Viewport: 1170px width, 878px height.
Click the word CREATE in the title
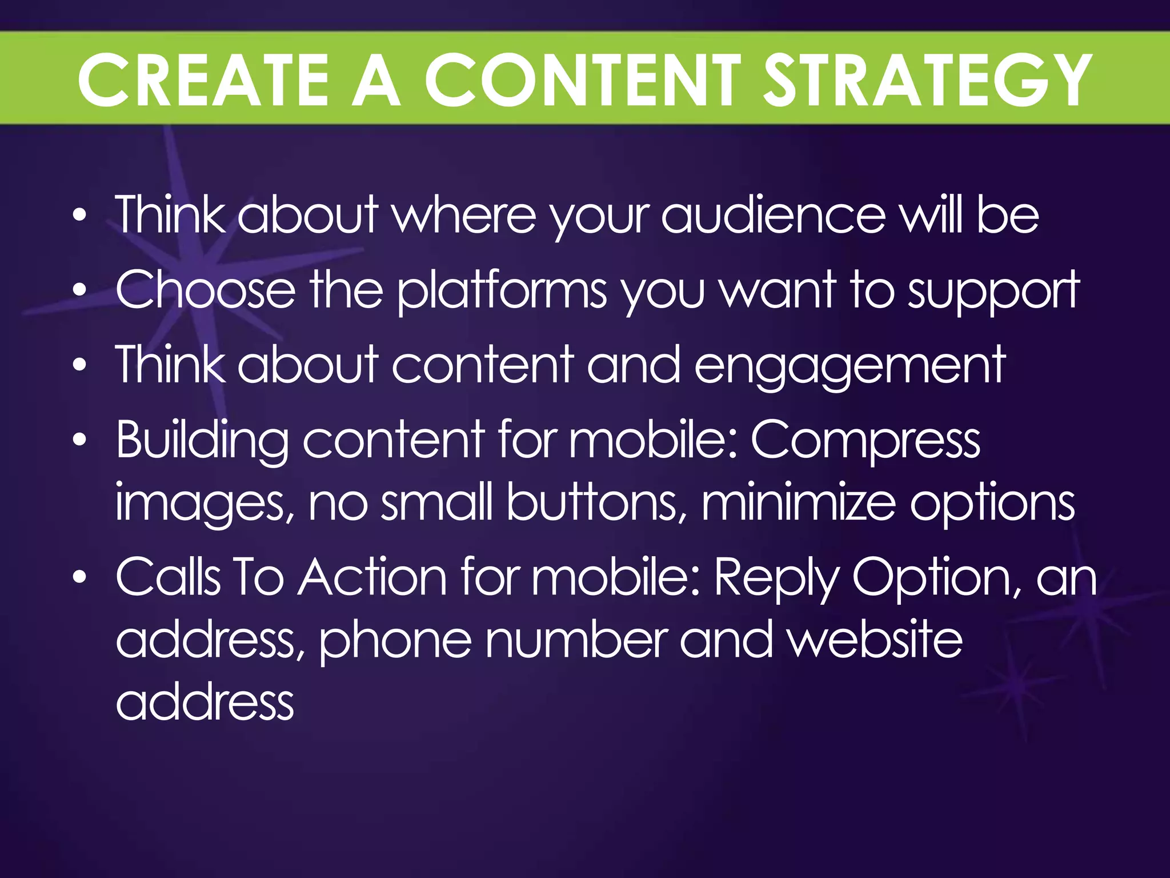203,80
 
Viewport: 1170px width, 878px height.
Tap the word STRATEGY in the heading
928,80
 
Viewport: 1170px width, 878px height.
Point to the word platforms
502,292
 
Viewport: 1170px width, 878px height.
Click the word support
993,292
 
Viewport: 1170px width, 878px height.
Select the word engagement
850,366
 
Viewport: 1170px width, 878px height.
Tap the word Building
202,440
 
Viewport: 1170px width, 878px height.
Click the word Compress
865,440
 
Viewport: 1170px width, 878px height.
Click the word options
992,503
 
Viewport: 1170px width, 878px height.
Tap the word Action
372,577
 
